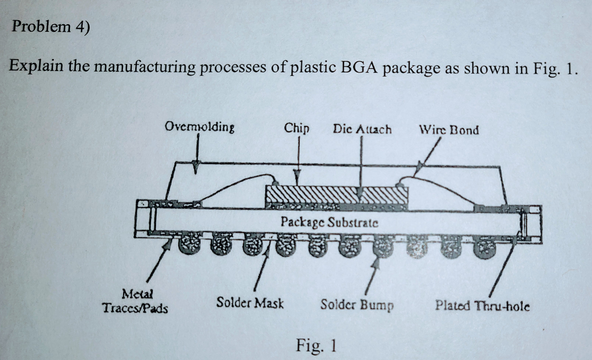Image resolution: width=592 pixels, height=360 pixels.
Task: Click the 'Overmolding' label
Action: (x=196, y=127)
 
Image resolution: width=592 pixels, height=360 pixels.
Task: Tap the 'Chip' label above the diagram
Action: (x=297, y=128)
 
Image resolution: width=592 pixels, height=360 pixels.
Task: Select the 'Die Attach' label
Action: (x=362, y=129)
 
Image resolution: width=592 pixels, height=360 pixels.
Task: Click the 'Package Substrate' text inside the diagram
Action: (x=329, y=221)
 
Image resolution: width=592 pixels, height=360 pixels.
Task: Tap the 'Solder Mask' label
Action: (x=250, y=302)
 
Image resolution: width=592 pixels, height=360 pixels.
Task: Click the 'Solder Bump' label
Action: (x=357, y=304)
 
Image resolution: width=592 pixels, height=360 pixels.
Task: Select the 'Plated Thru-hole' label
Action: (x=483, y=305)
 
